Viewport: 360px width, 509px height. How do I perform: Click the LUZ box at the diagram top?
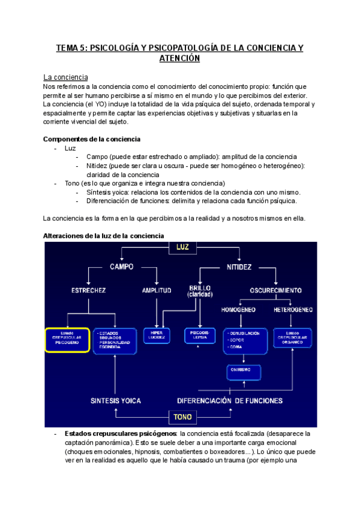[182, 247]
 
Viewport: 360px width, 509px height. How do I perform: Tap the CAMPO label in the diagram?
[122, 266]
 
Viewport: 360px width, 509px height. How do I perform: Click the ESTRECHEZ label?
[89, 290]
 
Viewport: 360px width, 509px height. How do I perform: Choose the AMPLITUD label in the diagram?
[157, 290]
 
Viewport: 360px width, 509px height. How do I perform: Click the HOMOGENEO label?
[238, 310]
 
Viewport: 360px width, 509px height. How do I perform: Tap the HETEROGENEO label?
[293, 310]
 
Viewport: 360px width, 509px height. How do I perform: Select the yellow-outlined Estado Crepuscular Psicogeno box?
[67, 339]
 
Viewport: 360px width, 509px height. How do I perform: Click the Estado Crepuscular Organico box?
[292, 339]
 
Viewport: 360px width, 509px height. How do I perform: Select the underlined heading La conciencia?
[66, 77]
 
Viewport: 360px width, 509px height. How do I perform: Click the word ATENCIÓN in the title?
[179, 59]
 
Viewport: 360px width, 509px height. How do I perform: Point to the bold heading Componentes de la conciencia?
[91, 139]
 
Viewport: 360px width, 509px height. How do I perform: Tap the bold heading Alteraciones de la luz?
[104, 235]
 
